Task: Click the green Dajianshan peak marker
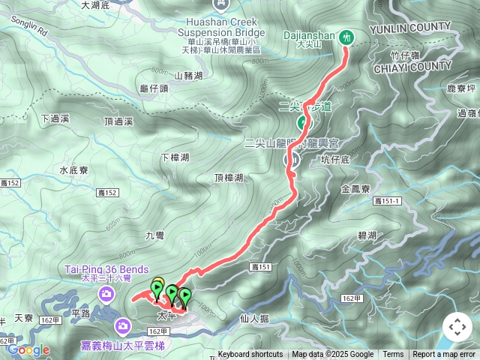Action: click(346, 36)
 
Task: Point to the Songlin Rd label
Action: click(29, 32)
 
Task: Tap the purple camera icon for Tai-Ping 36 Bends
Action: click(109, 293)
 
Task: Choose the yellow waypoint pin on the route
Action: click(157, 285)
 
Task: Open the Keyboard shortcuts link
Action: click(250, 355)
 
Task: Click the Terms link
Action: click(393, 355)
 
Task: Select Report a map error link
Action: click(444, 355)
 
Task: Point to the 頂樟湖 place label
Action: click(229, 178)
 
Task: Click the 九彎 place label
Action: click(154, 235)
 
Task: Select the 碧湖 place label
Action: click(367, 235)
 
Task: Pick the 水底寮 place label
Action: click(74, 170)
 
